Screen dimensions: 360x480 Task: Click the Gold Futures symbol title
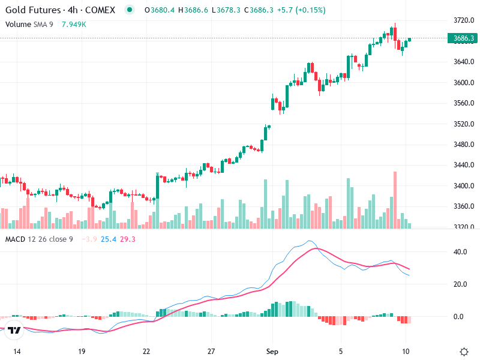coord(60,10)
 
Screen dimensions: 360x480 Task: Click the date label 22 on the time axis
coord(146,351)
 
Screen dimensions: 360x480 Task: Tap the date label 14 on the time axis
coord(17,351)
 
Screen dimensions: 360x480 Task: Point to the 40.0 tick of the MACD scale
coord(460,252)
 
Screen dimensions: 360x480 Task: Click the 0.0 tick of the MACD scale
coord(458,317)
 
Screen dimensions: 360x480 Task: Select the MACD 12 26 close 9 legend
coord(39,239)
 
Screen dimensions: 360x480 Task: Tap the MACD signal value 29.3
coord(128,239)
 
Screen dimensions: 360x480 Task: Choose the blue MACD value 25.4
coord(109,239)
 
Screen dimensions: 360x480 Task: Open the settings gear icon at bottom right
coord(464,352)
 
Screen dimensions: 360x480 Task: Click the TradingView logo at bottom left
coord(14,330)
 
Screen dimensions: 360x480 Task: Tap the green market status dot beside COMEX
coord(129,10)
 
